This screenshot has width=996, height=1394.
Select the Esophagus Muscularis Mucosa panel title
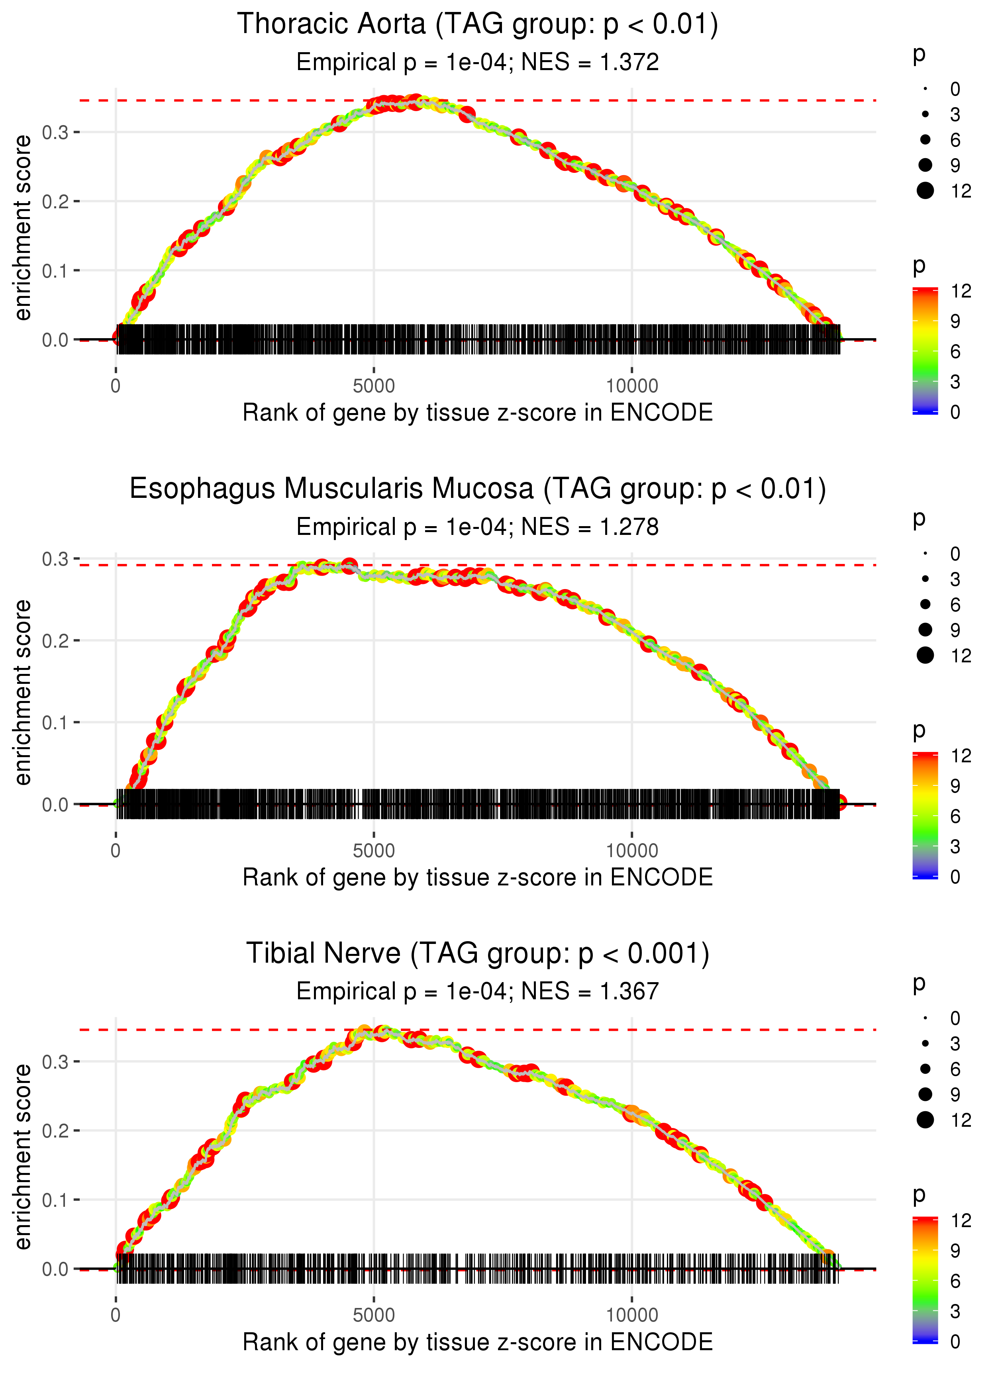(477, 489)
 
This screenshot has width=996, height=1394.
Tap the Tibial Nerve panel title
(477, 953)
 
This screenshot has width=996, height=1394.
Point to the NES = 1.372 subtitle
(477, 63)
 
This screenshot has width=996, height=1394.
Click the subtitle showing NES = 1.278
(477, 527)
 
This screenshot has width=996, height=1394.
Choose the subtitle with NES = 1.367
(477, 991)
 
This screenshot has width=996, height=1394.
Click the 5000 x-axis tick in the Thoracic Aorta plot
(374, 386)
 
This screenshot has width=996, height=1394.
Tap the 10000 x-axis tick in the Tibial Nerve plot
(632, 1315)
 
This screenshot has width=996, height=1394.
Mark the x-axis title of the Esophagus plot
(477, 877)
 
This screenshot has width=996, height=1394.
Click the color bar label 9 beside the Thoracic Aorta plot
(955, 321)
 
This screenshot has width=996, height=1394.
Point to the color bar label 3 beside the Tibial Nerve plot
(955, 1311)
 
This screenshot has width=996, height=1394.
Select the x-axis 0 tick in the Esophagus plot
(116, 851)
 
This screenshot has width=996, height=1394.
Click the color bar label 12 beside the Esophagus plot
(961, 756)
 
